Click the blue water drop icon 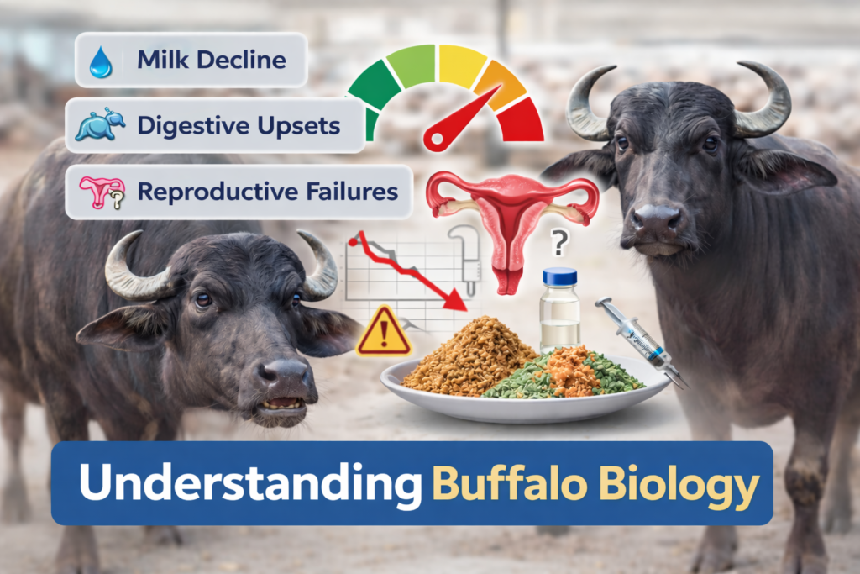tap(100, 62)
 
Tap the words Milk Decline tap(211, 61)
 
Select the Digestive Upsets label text tap(239, 126)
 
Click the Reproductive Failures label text tap(267, 191)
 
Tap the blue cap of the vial tap(559, 276)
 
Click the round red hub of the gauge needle tap(437, 137)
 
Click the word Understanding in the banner tap(249, 486)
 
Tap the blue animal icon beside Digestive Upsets tap(100, 126)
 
